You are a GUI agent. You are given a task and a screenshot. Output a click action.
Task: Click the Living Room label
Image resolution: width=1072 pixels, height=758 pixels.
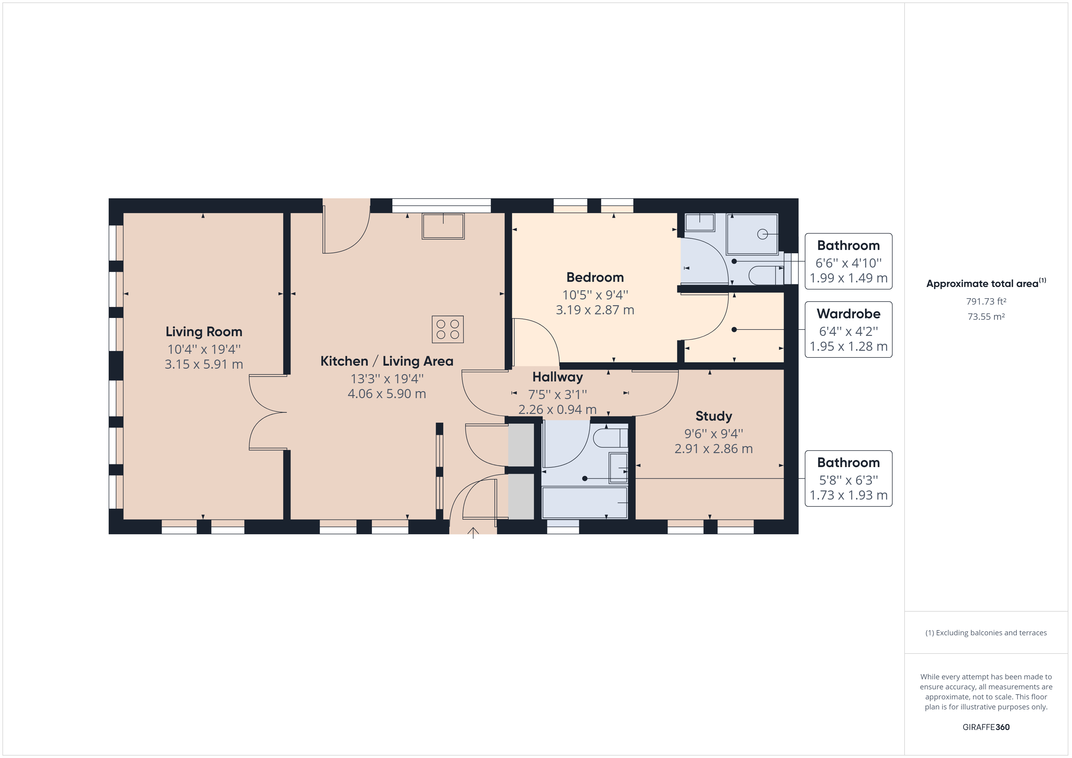[204, 332]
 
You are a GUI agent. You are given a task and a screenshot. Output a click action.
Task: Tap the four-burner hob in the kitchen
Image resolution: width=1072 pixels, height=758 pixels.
[447, 329]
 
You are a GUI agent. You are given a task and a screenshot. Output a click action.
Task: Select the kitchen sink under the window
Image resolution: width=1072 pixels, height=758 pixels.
[443, 226]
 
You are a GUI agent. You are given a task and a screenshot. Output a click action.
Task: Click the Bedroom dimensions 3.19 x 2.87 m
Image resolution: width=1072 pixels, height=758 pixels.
[595, 310]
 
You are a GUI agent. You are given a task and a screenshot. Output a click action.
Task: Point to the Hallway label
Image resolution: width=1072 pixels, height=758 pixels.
[558, 377]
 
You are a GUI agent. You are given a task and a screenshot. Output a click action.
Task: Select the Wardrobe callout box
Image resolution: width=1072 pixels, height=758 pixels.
[848, 329]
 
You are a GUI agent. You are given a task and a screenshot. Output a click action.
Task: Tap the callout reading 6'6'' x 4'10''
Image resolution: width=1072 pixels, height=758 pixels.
[848, 263]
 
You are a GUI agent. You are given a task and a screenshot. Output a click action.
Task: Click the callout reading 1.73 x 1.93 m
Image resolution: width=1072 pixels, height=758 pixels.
[848, 495]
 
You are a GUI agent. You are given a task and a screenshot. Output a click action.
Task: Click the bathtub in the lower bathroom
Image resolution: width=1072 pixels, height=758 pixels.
[585, 503]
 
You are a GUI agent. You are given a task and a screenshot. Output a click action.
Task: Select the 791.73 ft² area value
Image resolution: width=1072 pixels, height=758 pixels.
[986, 302]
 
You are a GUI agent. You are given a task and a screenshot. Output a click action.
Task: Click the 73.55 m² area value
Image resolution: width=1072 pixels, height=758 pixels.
[986, 316]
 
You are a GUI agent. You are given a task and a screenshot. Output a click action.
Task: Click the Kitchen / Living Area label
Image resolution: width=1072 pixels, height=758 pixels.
[387, 361]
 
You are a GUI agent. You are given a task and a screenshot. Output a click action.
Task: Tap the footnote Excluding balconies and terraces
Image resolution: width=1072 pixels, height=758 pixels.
[986, 633]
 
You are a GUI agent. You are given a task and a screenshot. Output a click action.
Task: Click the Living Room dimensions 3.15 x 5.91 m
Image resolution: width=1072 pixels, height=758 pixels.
[204, 364]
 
